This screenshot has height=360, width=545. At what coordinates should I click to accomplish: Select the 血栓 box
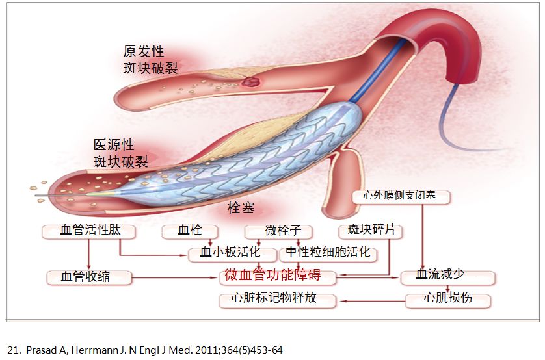click(x=191, y=231)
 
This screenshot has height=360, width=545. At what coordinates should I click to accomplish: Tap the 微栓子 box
click(x=279, y=231)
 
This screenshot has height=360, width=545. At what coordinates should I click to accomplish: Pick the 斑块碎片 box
click(x=371, y=231)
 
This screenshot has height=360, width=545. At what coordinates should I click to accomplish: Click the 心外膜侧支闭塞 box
click(x=401, y=196)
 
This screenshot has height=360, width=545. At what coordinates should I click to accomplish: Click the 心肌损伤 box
click(x=447, y=300)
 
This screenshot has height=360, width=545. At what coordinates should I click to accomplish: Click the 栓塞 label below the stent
click(x=240, y=208)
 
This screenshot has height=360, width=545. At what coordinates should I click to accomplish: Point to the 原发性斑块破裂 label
click(x=150, y=59)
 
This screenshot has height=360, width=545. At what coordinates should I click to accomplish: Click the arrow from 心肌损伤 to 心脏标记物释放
click(x=371, y=300)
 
